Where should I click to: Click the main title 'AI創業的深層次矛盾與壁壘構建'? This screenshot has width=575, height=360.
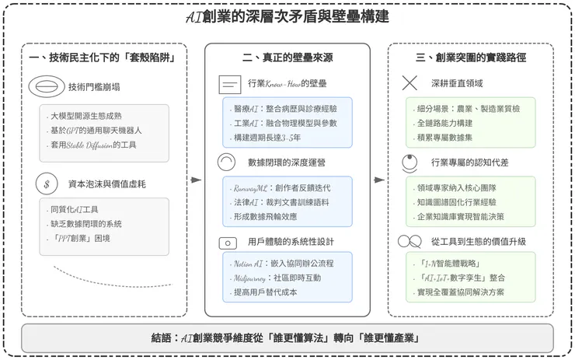pos(288,16)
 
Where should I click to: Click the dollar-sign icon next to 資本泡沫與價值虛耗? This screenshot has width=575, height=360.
pos(46,184)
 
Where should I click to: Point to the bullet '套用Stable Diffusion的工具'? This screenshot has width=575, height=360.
pos(93,145)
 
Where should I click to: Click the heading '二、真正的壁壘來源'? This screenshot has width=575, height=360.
pos(287,58)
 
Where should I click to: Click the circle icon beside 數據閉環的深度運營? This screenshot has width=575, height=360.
pos(226,162)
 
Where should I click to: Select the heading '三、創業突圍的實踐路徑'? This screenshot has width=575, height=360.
pos(470,58)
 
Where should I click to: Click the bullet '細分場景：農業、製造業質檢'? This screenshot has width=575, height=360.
pos(469,110)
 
